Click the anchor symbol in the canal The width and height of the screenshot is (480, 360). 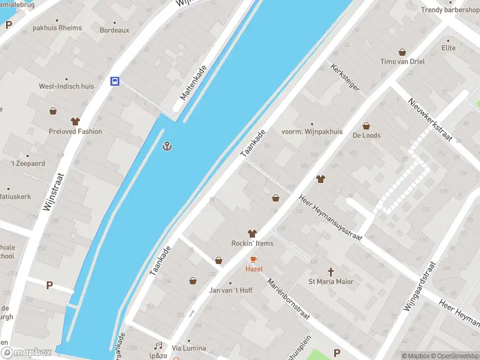pyautogui.click(x=167, y=146)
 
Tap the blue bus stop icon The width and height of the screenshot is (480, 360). pyautogui.click(x=114, y=82)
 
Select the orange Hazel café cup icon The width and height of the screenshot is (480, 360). pyautogui.click(x=253, y=259)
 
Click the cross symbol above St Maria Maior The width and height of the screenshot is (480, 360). pyautogui.click(x=331, y=272)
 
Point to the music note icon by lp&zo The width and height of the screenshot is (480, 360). pyautogui.click(x=158, y=346)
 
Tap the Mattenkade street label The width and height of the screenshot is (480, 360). pyautogui.click(x=194, y=83)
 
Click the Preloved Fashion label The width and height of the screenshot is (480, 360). pyautogui.click(x=76, y=131)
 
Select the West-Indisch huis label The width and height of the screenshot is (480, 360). pyautogui.click(x=67, y=86)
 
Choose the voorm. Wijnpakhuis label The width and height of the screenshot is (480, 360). pyautogui.click(x=312, y=131)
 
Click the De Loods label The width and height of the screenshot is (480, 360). pyautogui.click(x=367, y=136)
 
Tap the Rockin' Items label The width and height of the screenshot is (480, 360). pyautogui.click(x=252, y=243)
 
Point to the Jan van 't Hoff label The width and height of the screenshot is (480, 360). pyautogui.click(x=230, y=290)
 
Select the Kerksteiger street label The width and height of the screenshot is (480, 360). pyautogui.click(x=345, y=77)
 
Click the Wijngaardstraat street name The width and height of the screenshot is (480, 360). pyautogui.click(x=419, y=287)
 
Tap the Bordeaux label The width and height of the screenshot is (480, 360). pyautogui.click(x=114, y=30)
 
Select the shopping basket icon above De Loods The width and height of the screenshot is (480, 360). pyautogui.click(x=367, y=126)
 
